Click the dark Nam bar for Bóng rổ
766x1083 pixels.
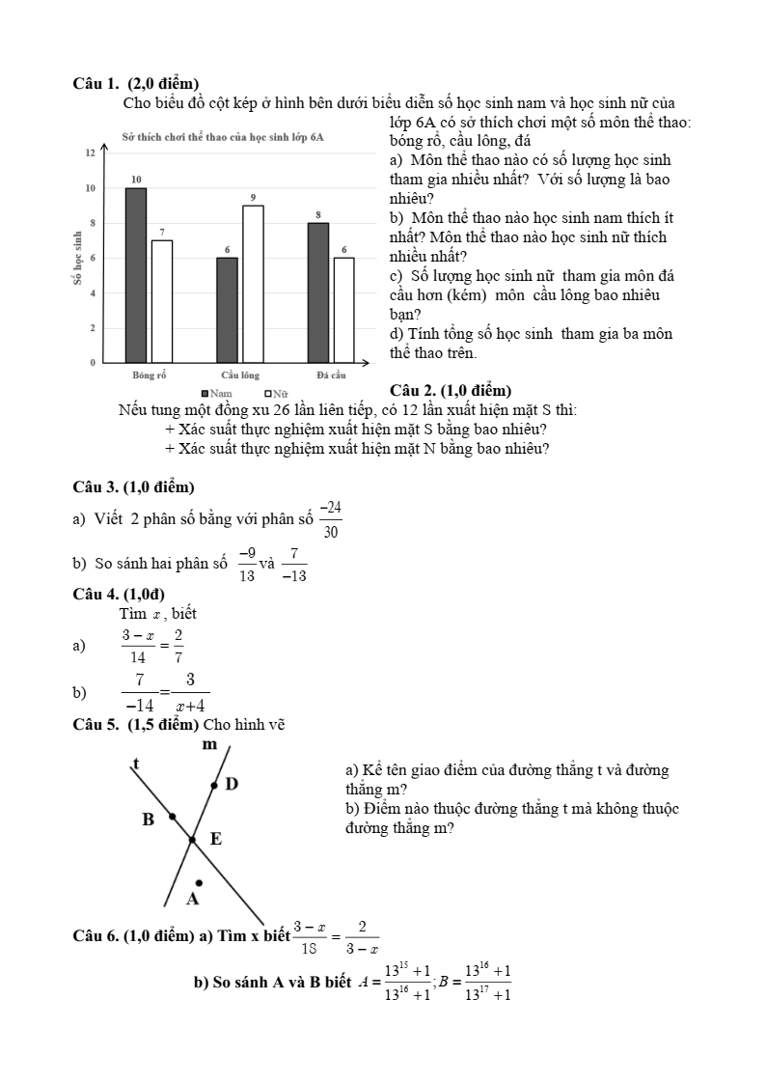click(136, 275)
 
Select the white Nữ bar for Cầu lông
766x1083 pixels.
click(253, 284)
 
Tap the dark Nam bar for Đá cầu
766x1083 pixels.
click(318, 292)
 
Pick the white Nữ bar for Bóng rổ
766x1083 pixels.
click(161, 301)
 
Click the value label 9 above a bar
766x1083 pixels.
click(253, 197)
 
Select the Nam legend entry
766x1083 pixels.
click(216, 393)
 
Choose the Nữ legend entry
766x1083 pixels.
click(276, 393)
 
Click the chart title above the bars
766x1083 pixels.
click(223, 137)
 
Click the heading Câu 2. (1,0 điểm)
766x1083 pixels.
click(449, 390)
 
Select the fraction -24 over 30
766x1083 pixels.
click(331, 518)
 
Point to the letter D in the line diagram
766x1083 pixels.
click(232, 784)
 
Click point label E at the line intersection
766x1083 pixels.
click(216, 840)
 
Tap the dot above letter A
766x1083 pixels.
click(199, 882)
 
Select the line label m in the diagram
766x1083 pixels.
click(209, 744)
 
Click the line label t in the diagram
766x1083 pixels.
click(135, 764)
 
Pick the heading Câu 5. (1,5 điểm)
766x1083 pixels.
click(136, 724)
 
